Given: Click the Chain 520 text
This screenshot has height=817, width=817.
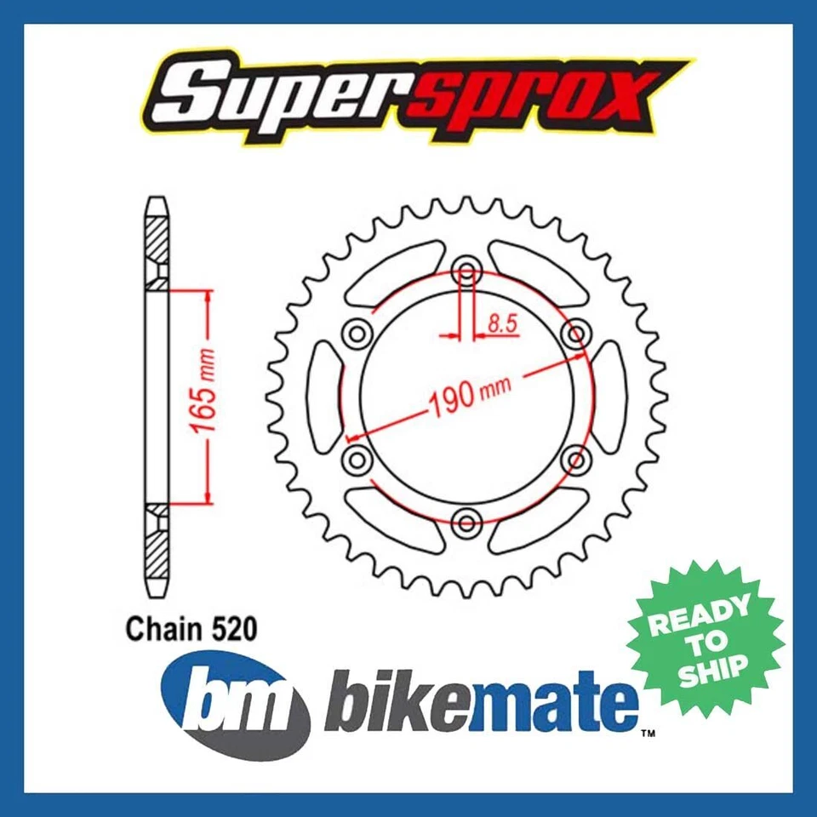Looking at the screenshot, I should pyautogui.click(x=190, y=629).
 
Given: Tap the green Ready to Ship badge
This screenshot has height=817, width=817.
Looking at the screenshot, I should pyautogui.click(x=706, y=638).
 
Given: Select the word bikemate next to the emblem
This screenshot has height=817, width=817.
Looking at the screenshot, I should pyautogui.click(x=481, y=702).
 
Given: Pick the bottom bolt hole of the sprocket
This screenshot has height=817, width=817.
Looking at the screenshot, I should pyautogui.click(x=466, y=521).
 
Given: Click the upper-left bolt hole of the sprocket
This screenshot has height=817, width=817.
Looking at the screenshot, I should pyautogui.click(x=355, y=332).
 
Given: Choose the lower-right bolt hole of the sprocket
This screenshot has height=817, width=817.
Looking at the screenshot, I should pyautogui.click(x=579, y=460).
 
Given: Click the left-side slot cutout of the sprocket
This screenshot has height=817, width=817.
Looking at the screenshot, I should pyautogui.click(x=323, y=397).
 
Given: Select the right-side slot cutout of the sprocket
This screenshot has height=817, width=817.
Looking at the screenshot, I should pyautogui.click(x=609, y=397).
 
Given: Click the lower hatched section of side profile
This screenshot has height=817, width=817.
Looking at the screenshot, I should pyautogui.click(x=157, y=549).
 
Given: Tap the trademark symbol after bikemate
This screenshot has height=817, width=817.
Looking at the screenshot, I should pyautogui.click(x=648, y=731).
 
